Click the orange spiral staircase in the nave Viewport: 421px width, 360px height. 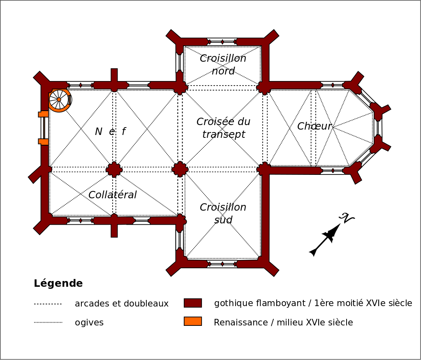click(59, 100)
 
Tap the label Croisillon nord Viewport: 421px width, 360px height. click(223, 65)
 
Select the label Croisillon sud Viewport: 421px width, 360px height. click(223, 214)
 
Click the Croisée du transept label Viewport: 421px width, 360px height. click(223, 128)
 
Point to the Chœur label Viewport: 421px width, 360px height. click(314, 126)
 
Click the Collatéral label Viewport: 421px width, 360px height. click(112, 195)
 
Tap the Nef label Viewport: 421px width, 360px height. click(110, 132)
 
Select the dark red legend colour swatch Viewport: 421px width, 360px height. click(193, 303)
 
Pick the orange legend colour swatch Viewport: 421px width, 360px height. click(193, 321)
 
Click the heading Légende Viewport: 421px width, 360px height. click(58, 283)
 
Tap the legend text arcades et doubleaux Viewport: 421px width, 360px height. click(122, 304)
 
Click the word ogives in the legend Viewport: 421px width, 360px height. click(89, 323)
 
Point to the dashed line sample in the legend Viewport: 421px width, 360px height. click(48, 304)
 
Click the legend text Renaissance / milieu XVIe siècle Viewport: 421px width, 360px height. click(283, 323)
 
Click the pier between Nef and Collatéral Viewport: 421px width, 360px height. click(114, 169)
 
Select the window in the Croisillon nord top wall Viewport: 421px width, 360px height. click(222, 42)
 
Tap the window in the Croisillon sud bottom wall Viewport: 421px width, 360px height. click(222, 264)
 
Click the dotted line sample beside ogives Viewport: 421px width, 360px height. click(48, 323)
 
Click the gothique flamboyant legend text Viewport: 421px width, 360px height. click(313, 304)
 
